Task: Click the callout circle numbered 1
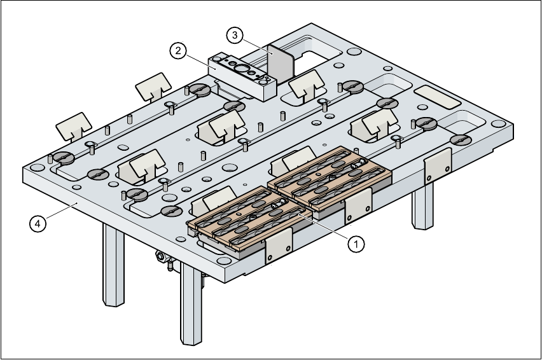[356, 242]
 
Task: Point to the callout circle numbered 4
[38, 223]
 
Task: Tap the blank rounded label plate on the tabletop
[437, 98]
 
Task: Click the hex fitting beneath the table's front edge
[160, 257]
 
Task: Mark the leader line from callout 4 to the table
[60, 212]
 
